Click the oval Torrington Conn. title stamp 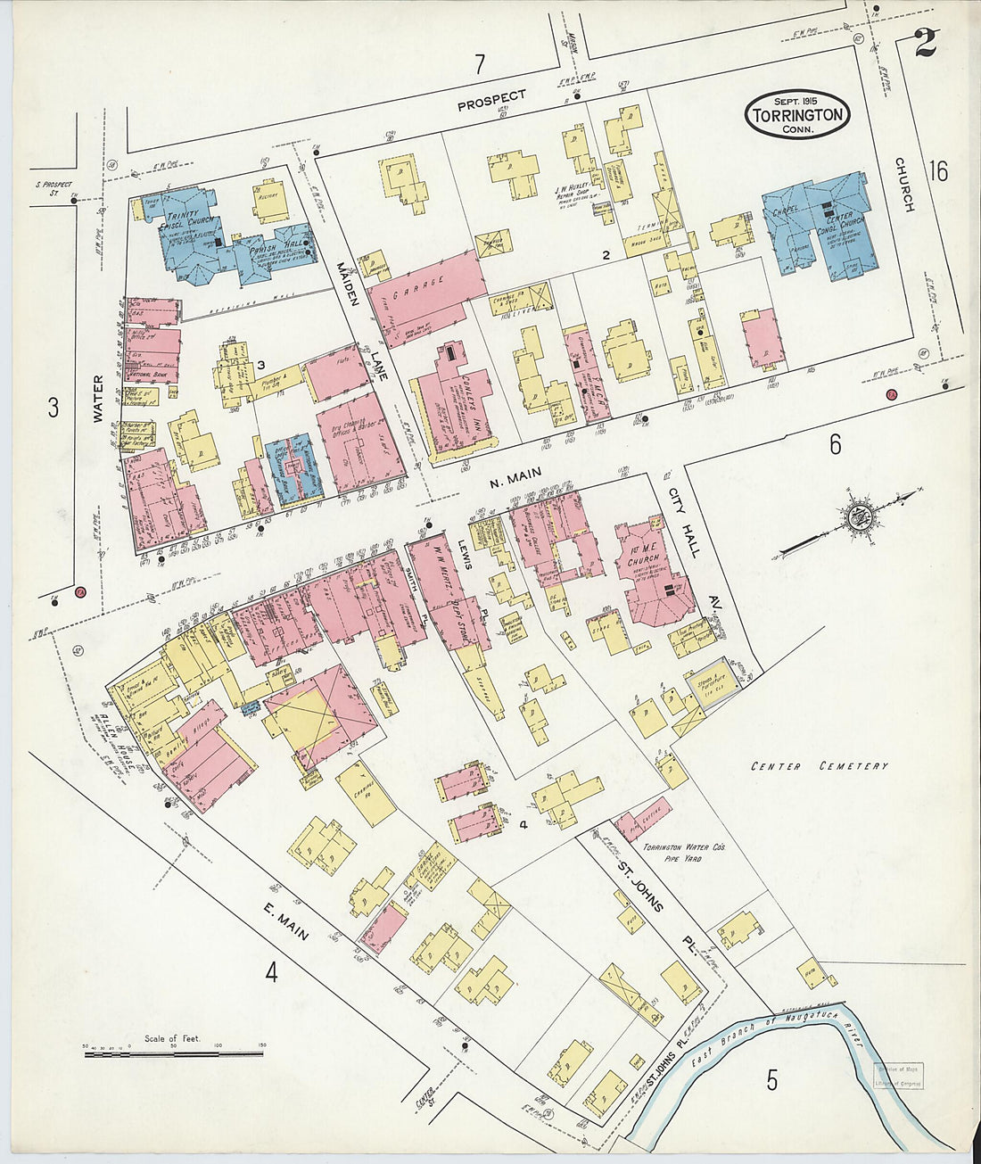798,114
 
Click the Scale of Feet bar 174,1053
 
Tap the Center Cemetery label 819,766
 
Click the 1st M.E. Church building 651,575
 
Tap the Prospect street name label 491,100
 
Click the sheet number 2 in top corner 925,43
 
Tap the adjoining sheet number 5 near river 771,1080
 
